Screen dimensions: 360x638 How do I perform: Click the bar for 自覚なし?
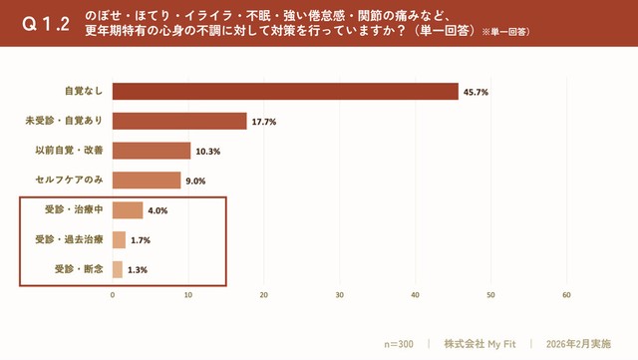(x=285, y=92)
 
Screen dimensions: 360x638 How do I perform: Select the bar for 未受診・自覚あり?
(x=179, y=122)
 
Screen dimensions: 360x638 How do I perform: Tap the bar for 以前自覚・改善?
(x=152, y=151)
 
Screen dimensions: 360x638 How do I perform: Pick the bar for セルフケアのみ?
(x=147, y=180)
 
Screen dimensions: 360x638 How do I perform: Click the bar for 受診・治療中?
(x=128, y=210)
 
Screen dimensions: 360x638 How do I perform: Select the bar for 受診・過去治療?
(x=119, y=239)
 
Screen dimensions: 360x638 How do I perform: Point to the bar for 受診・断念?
(x=118, y=269)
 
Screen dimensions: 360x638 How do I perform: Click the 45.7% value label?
(x=475, y=92)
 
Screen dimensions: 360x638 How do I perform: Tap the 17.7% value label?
(x=263, y=122)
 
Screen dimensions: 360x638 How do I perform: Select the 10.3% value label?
(x=207, y=152)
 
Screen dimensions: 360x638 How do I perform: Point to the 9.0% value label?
(x=196, y=180)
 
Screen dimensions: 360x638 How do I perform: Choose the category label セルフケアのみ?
(x=70, y=180)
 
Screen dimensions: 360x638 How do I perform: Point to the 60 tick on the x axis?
(x=566, y=295)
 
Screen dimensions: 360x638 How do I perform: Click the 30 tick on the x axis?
(x=340, y=295)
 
